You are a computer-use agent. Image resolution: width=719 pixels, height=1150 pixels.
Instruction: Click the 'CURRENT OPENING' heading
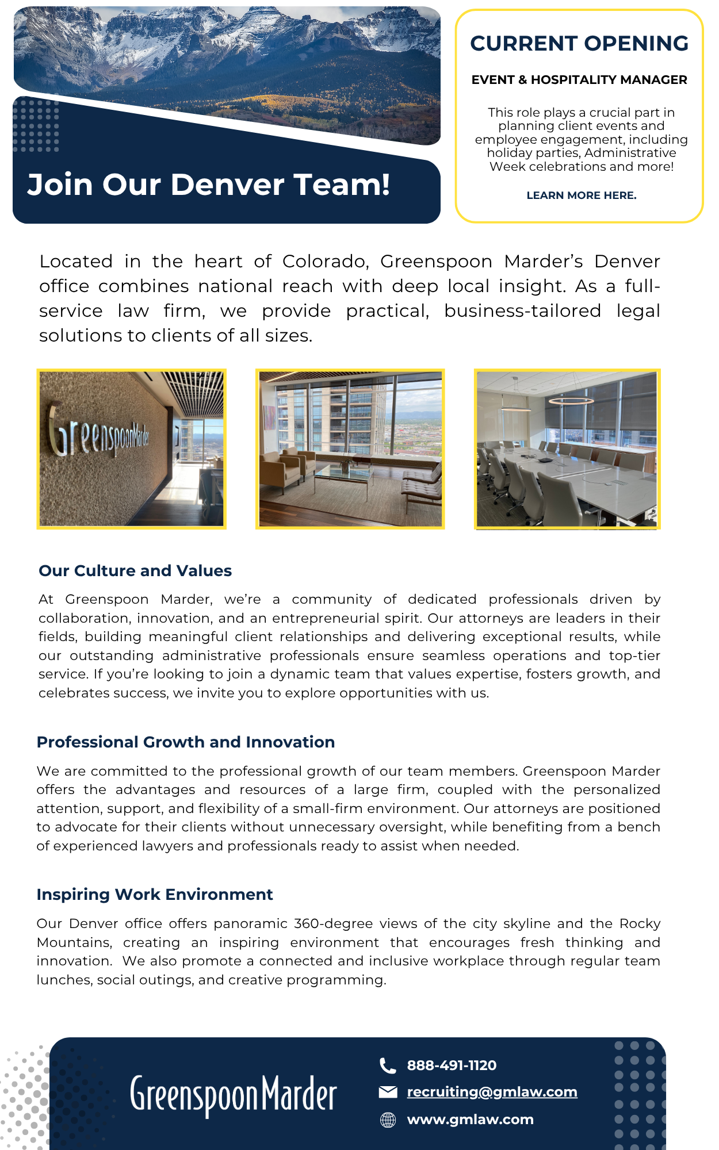pos(579,44)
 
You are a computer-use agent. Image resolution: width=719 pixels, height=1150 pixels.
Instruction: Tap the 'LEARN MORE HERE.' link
pos(581,195)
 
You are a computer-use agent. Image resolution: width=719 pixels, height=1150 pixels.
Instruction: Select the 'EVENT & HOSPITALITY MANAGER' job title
pos(579,80)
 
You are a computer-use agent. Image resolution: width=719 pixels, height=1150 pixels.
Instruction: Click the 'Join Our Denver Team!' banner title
pos(209,185)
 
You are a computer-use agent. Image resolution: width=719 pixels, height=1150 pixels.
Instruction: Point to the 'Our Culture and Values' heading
pos(135,571)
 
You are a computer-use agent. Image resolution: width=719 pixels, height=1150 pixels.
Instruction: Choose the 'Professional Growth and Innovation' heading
pos(185,742)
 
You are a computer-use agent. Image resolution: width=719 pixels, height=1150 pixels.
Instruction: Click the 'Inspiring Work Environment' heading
pos(154,895)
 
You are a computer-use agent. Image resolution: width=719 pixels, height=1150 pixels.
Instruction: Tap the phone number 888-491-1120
pos(452,1065)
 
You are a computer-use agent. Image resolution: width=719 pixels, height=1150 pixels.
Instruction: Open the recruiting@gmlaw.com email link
pos(492,1092)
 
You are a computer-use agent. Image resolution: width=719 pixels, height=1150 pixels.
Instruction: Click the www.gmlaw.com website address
pos(470,1120)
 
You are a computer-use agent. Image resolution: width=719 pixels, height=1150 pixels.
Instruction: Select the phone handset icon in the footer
pos(388,1066)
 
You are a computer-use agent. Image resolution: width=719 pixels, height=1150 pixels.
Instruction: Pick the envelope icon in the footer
pos(388,1092)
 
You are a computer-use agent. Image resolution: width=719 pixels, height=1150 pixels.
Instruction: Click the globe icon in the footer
pos(388,1120)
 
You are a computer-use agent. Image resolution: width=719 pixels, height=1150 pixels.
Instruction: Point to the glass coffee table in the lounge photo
pos(344,473)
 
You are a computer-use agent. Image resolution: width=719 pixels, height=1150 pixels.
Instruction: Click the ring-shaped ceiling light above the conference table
pos(571,400)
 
